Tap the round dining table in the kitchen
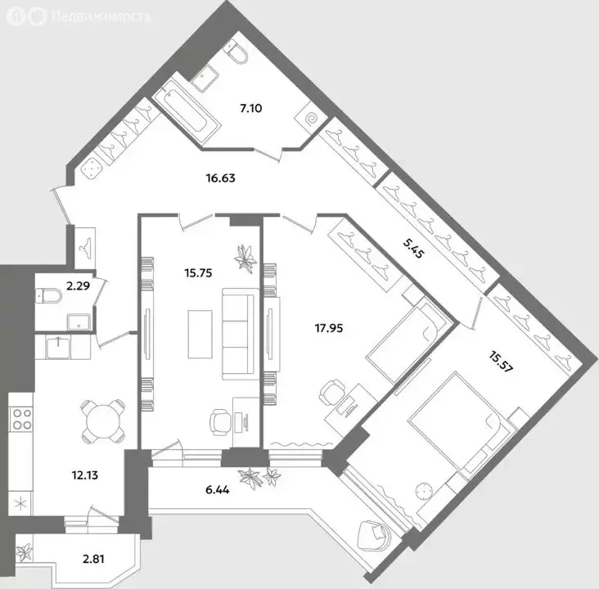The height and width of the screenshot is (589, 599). pyautogui.click(x=103, y=420)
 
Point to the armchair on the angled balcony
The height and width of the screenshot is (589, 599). pyautogui.click(x=380, y=537)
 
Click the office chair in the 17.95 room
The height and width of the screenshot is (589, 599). pyautogui.click(x=331, y=393)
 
